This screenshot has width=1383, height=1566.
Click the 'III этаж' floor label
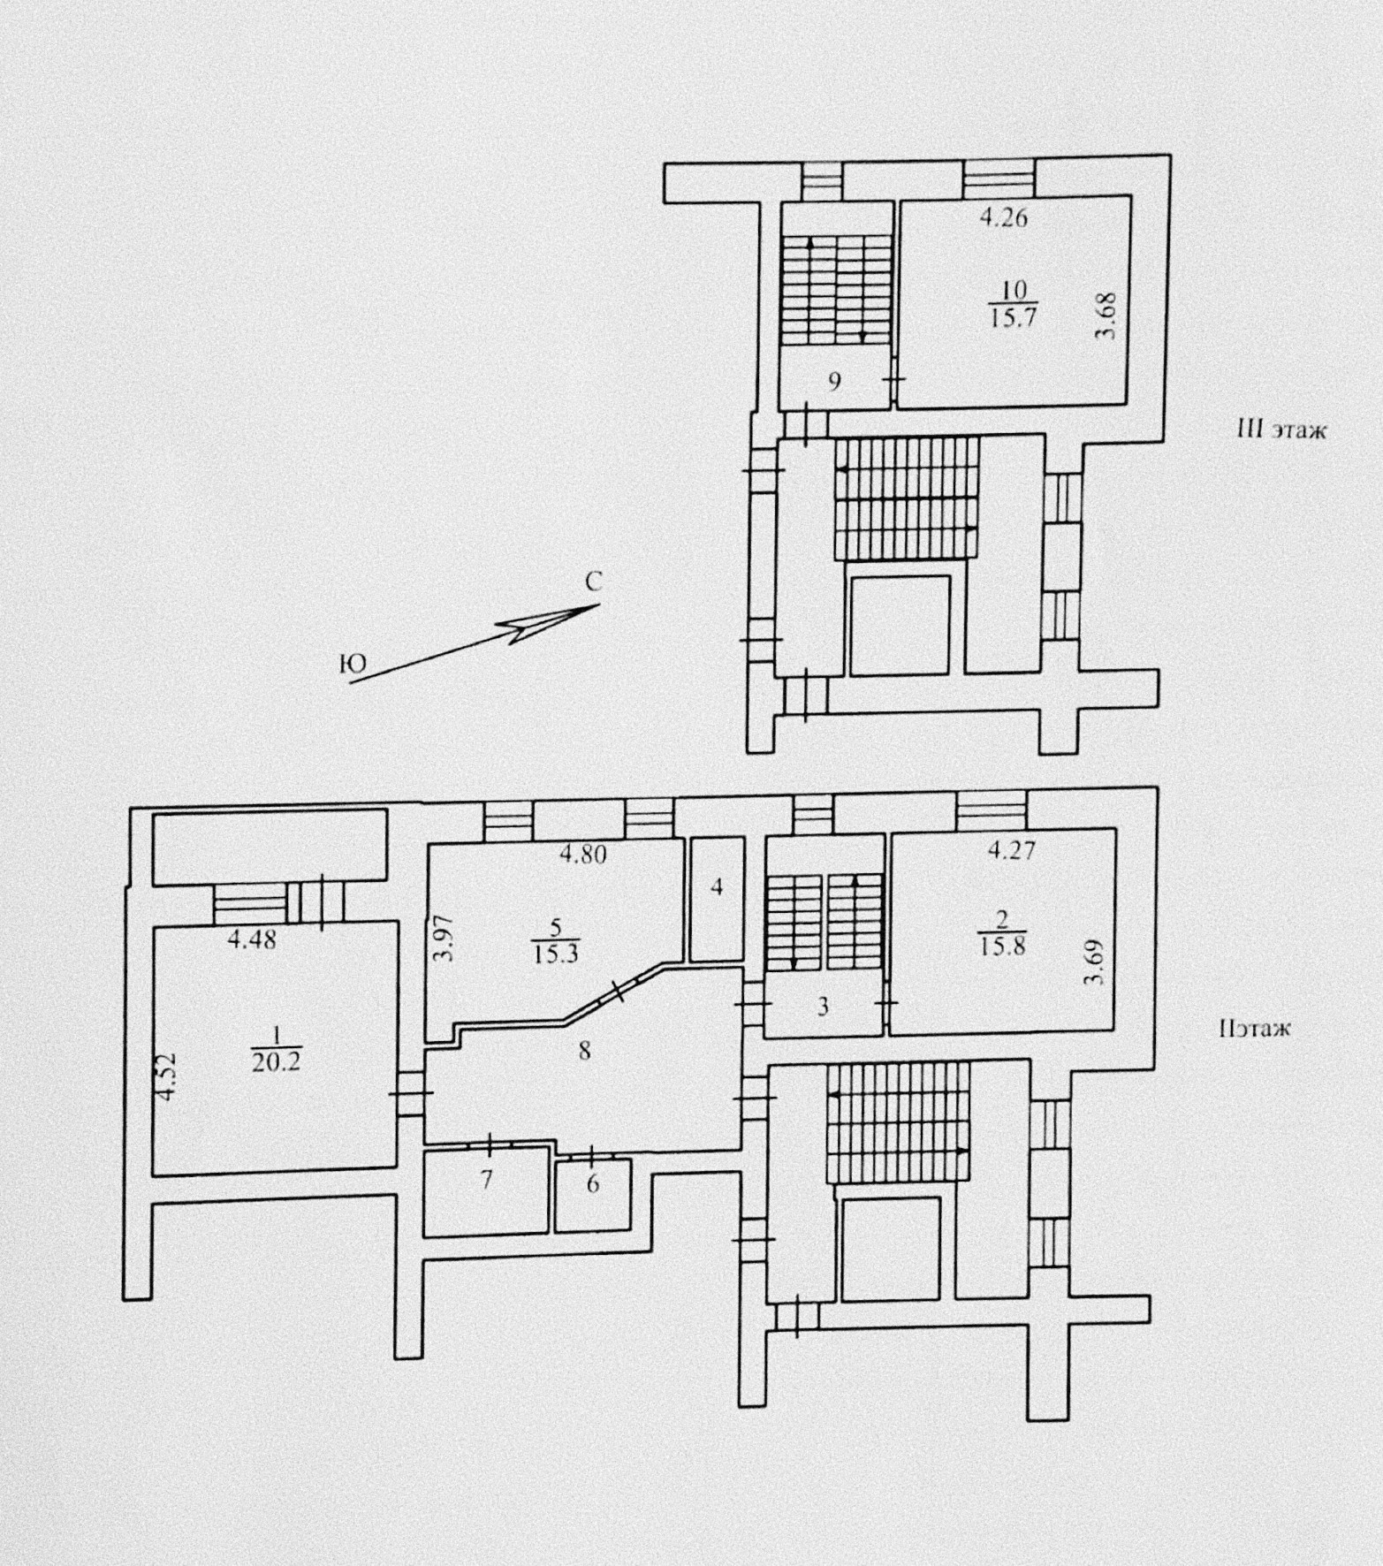[x=1280, y=431]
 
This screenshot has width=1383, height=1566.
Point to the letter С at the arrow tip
[x=594, y=582]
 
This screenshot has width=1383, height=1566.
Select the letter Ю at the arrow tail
[x=352, y=665]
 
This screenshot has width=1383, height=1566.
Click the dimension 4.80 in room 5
[x=582, y=855]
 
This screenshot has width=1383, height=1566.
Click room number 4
[x=718, y=886]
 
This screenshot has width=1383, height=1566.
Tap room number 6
[x=593, y=1183]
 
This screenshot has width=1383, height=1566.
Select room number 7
[x=485, y=1179]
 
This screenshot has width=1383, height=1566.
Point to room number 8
[x=583, y=1051]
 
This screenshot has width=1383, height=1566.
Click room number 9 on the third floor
[x=833, y=382]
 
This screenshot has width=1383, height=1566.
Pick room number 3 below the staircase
[x=822, y=1007]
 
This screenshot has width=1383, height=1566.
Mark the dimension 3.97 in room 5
[x=447, y=939]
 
